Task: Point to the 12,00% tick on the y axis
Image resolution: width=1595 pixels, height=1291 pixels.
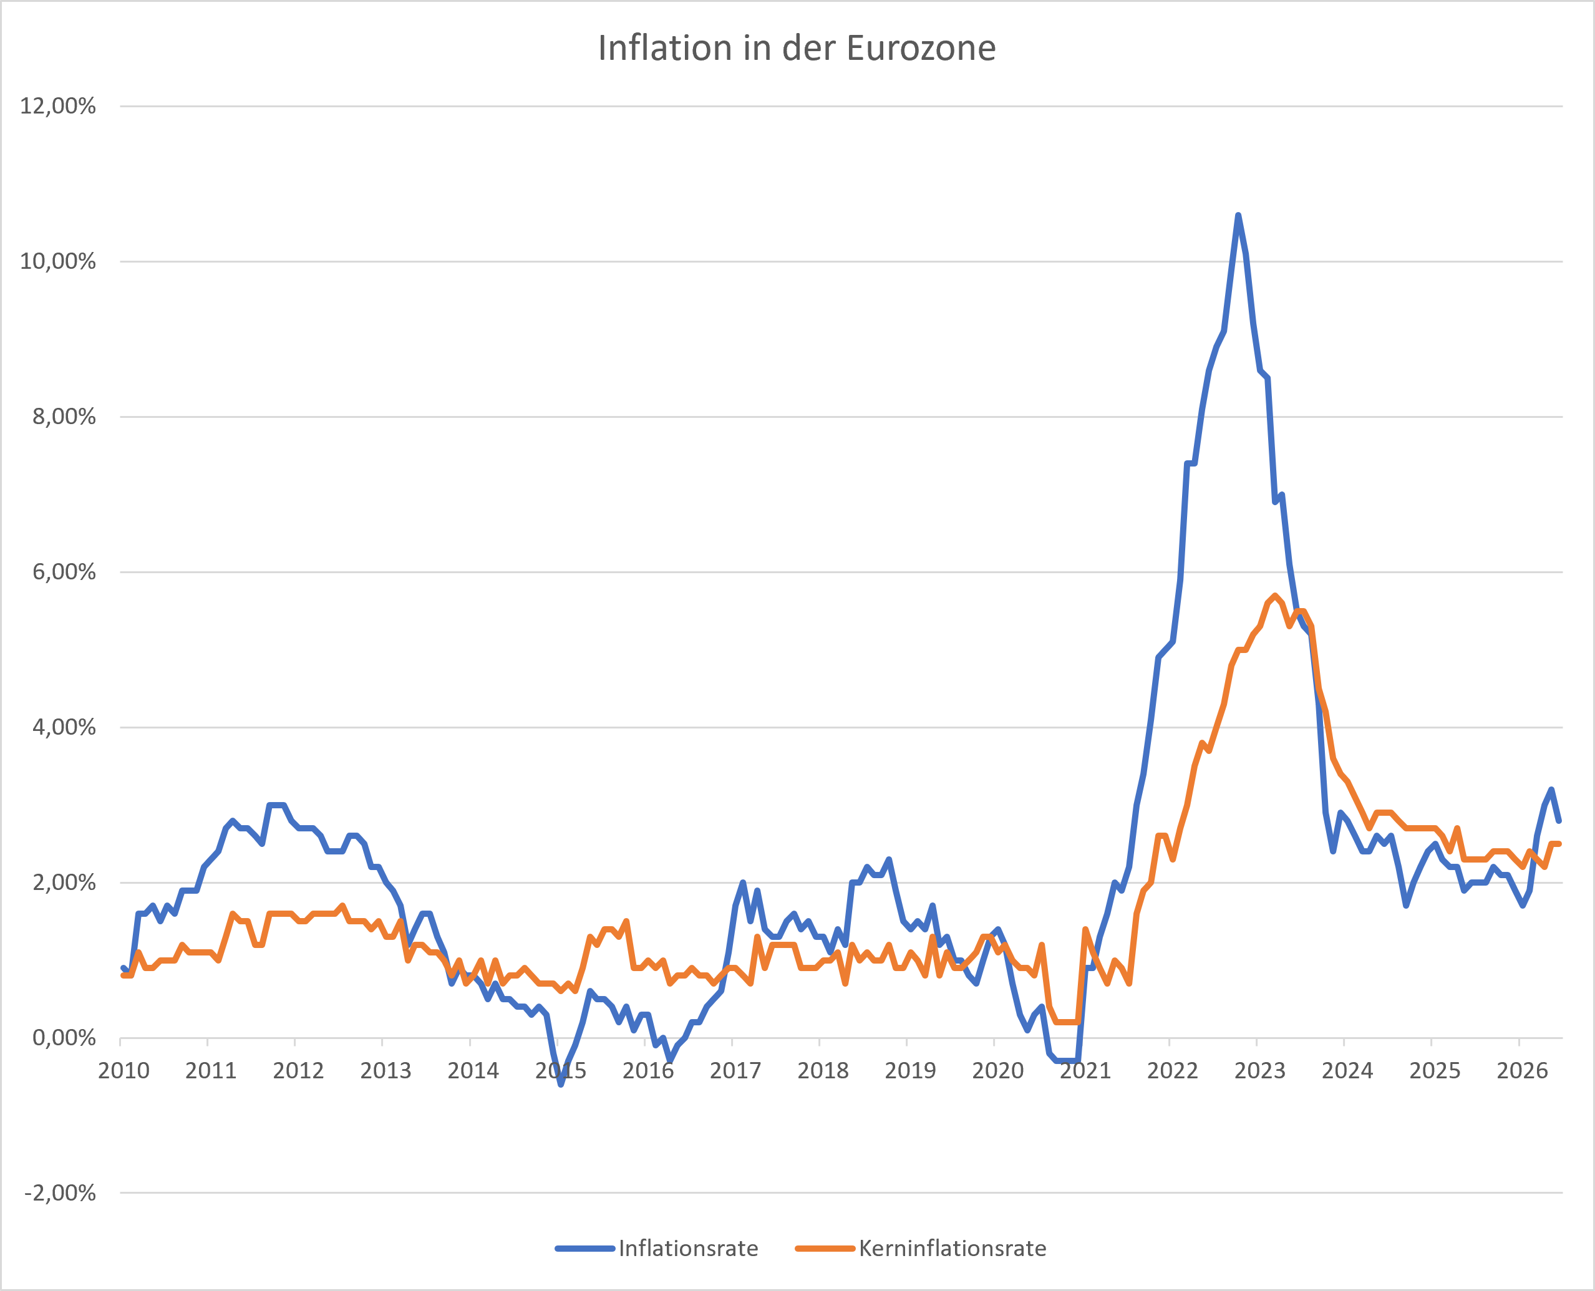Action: pyautogui.click(x=58, y=107)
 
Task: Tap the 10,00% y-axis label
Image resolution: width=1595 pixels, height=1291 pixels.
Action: pyautogui.click(x=58, y=262)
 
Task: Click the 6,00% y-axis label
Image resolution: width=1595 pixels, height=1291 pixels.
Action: pyautogui.click(x=64, y=572)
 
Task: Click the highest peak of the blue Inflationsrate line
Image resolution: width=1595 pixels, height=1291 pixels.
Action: pyautogui.click(x=1238, y=215)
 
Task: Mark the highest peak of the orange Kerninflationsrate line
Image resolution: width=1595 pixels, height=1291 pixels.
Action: pyautogui.click(x=1274, y=595)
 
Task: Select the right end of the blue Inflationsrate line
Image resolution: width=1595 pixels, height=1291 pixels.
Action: pyautogui.click(x=1559, y=821)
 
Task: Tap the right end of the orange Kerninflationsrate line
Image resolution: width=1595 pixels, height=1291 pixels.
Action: pyautogui.click(x=1559, y=844)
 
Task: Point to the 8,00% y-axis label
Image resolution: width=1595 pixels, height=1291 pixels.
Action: pyautogui.click(x=64, y=417)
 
